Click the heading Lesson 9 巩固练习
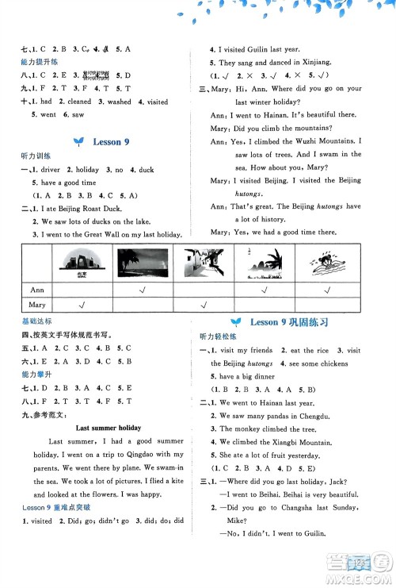pos(288,322)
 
